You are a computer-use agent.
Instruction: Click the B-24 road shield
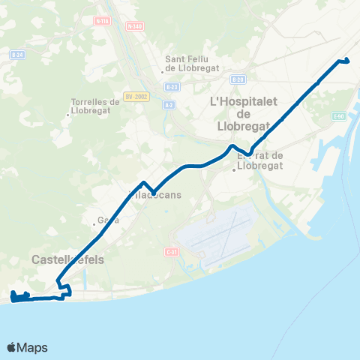(17, 55)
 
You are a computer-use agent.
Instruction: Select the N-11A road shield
(102, 21)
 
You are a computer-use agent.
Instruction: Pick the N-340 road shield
(135, 25)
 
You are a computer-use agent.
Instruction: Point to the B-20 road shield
(238, 79)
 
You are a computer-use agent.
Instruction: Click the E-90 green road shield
(338, 115)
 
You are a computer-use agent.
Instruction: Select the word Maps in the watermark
(33, 347)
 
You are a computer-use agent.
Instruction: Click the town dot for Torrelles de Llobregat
(69, 115)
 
